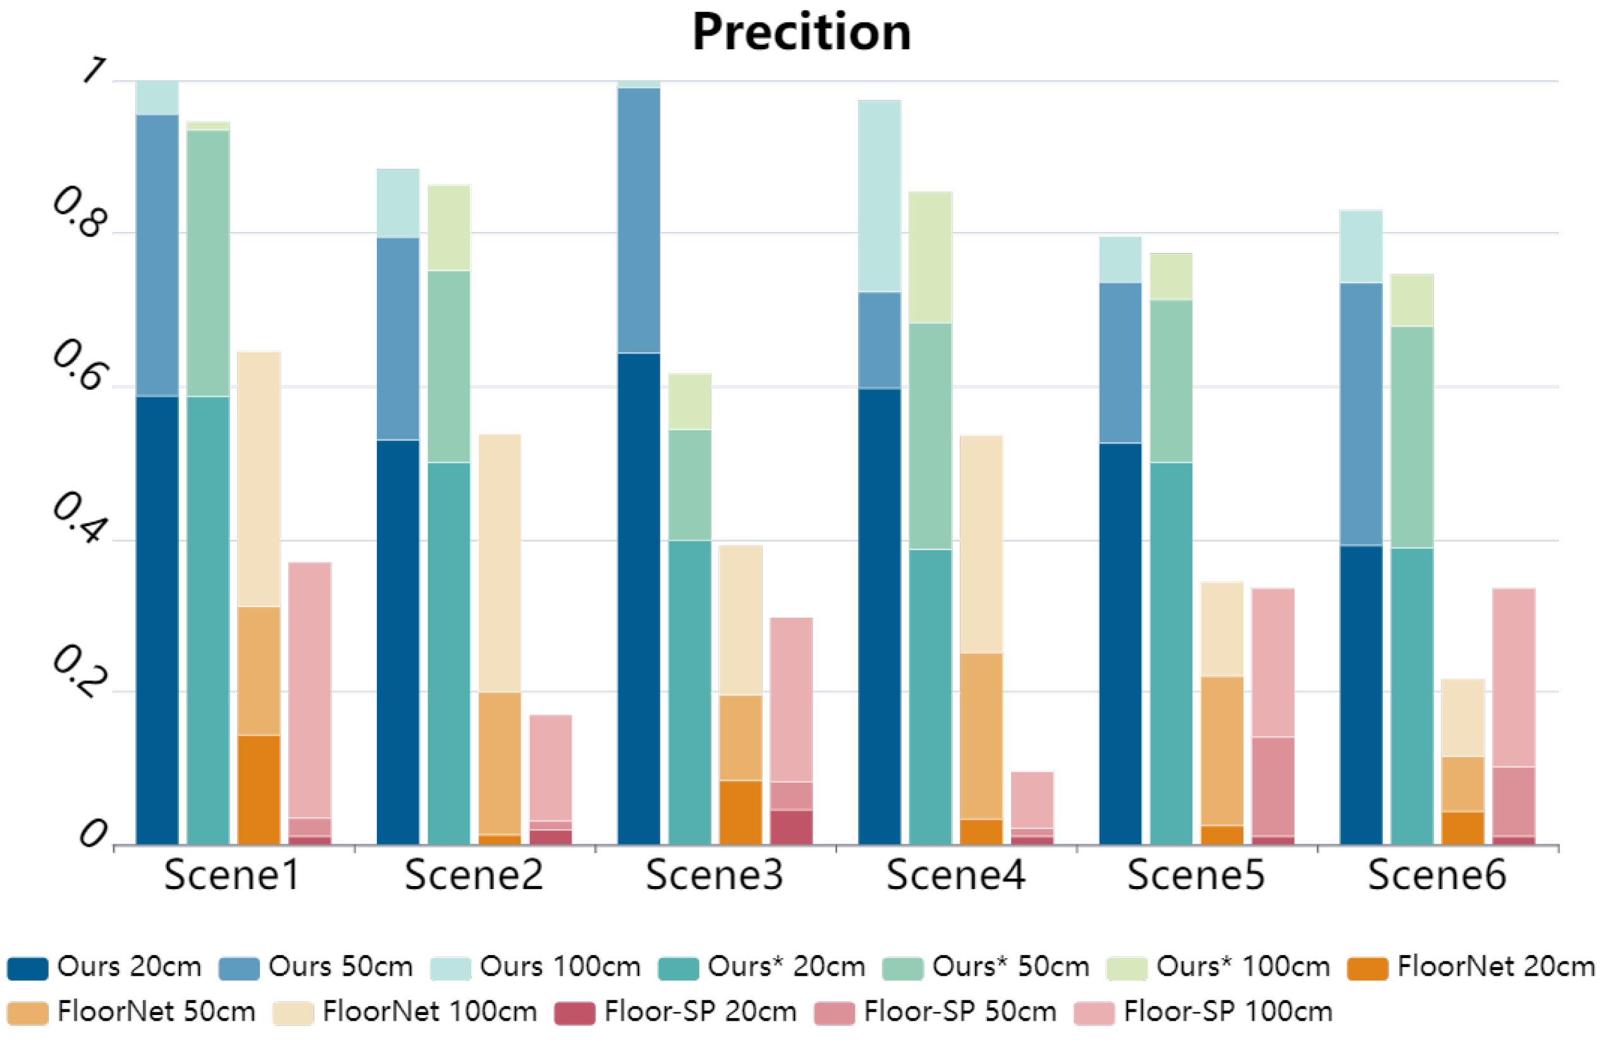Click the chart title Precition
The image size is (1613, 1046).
801,32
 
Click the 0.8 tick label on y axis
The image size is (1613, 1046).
80,213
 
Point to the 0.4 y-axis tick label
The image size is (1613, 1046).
80,519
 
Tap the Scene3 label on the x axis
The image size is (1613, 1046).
715,875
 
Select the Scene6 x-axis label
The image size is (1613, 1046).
1437,875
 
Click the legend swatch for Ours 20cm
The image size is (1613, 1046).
28,968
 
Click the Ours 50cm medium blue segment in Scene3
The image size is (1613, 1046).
639,220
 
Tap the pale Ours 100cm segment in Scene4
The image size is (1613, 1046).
879,197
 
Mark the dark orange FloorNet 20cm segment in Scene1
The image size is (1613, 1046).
259,790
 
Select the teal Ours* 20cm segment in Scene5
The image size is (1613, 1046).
1170,654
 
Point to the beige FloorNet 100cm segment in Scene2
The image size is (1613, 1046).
500,563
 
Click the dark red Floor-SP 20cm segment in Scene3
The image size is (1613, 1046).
791,827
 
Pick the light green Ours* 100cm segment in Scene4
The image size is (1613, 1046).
930,257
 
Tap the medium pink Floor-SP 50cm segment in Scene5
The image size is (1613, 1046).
1273,786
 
